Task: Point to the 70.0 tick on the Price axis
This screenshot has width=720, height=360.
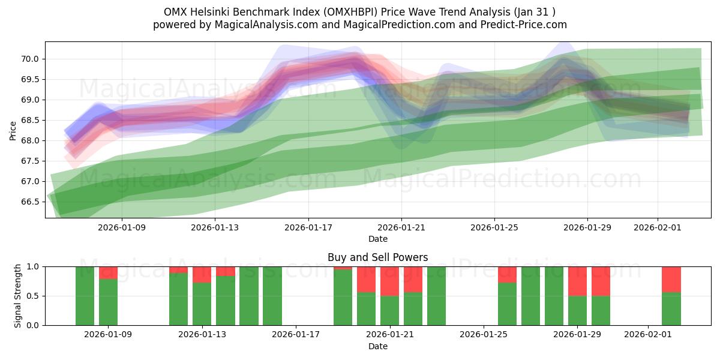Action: (31, 59)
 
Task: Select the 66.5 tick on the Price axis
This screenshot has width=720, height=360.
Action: (31, 202)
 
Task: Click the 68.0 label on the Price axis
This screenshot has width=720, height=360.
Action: (31, 140)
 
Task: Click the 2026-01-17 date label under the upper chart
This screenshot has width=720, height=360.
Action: (308, 227)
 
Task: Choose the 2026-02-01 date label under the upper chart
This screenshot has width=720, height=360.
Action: (658, 227)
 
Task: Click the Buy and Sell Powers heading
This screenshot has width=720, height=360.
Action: (377, 257)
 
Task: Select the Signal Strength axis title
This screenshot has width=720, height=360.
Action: (18, 295)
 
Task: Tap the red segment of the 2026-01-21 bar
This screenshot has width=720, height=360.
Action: (389, 281)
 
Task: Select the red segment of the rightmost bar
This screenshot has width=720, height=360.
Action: (671, 279)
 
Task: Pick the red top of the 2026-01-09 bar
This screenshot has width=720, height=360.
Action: (108, 272)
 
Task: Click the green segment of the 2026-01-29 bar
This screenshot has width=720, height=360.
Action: (577, 310)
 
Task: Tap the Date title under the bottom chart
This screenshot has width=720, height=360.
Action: (377, 346)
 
